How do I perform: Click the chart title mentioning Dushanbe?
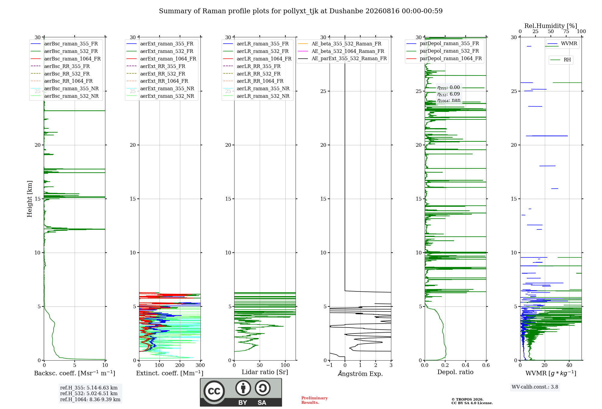[x=301, y=11]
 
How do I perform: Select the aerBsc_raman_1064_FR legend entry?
[x=66, y=59]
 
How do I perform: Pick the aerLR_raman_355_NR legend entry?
[x=256, y=88]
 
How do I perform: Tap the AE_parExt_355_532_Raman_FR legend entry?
[x=343, y=58]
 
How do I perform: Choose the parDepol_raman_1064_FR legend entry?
[x=444, y=58]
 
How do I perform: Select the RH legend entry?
[x=561, y=60]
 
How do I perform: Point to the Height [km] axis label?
[x=29, y=199]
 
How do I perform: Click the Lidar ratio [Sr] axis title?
[x=265, y=372]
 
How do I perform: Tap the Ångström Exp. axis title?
[x=360, y=374]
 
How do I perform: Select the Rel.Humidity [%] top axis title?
[x=551, y=26]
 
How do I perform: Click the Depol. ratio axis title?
[x=455, y=372]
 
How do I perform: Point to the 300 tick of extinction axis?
[x=200, y=365]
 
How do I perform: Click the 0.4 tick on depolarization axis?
[x=466, y=365]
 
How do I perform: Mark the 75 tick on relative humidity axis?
[x=566, y=32]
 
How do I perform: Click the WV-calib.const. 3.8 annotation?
[x=535, y=387]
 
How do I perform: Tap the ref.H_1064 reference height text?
[x=90, y=400]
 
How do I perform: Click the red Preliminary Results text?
[x=315, y=400]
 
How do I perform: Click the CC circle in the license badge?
[x=214, y=391]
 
